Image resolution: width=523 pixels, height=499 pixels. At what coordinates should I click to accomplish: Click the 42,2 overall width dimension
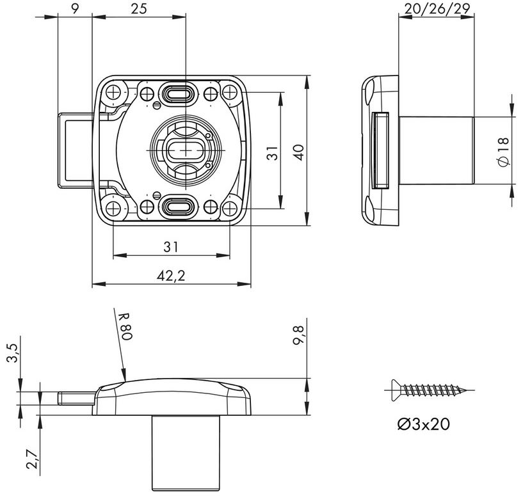click(170, 275)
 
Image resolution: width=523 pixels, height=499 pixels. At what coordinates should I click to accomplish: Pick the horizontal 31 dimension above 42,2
click(170, 246)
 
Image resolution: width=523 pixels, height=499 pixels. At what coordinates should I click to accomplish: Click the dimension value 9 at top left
click(75, 8)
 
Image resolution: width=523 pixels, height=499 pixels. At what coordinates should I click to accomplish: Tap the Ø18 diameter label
click(503, 152)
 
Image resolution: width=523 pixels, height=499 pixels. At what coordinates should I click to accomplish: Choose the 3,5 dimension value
click(12, 351)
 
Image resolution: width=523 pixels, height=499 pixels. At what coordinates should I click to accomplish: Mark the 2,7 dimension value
click(29, 459)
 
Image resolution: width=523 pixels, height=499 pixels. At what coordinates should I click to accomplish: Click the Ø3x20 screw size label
click(422, 424)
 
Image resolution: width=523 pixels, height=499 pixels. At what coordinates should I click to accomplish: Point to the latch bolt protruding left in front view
click(75, 150)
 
